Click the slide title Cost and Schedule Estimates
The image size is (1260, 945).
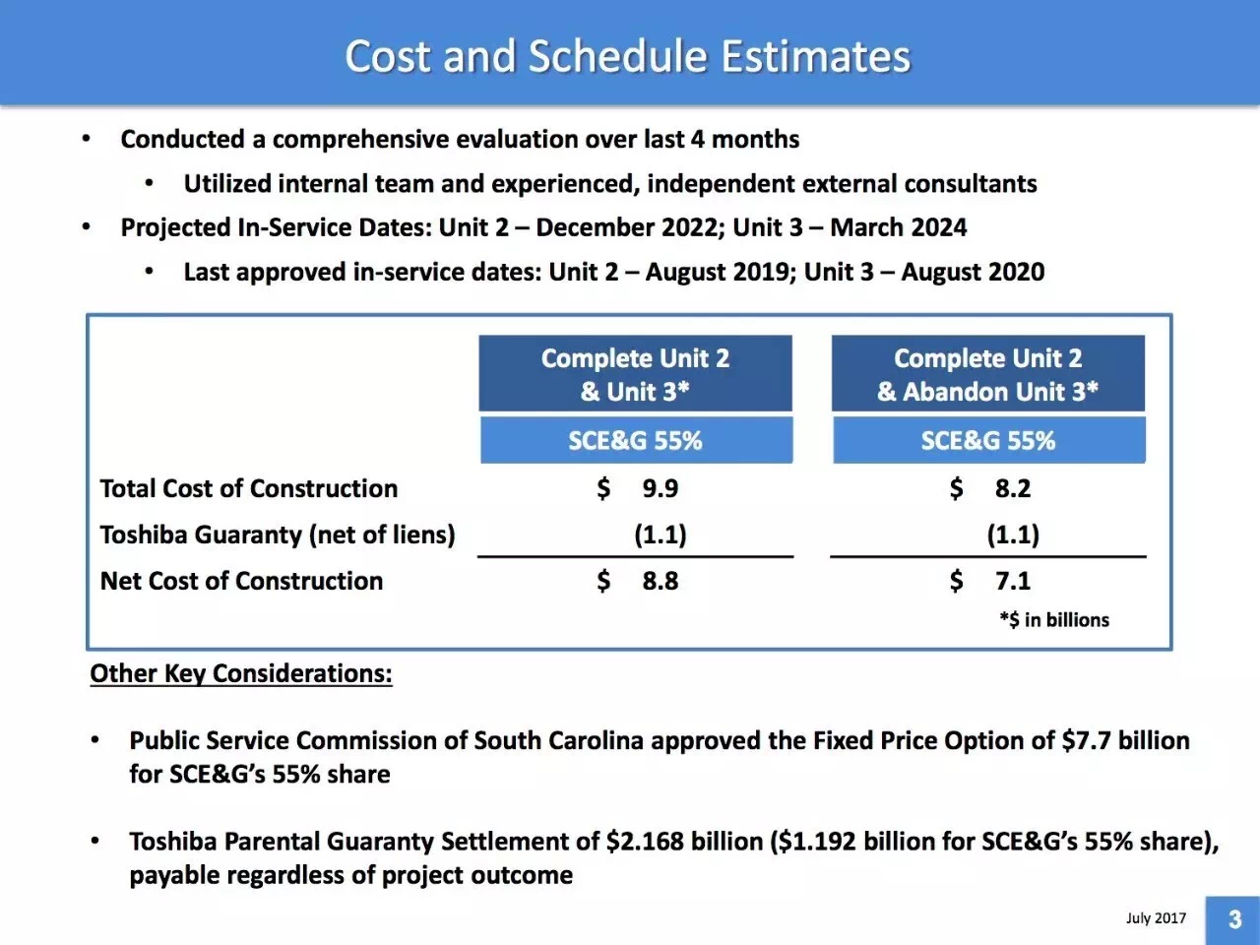click(x=628, y=55)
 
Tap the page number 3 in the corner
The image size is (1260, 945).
click(x=1234, y=919)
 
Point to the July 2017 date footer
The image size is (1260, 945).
click(x=1156, y=917)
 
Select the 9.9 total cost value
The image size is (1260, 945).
click(x=660, y=488)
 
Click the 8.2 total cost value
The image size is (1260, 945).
click(x=1013, y=488)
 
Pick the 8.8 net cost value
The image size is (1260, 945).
click(x=660, y=581)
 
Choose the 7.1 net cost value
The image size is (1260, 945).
click(x=1013, y=581)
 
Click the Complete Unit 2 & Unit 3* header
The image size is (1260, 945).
click(x=635, y=374)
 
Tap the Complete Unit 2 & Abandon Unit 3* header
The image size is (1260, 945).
click(x=987, y=374)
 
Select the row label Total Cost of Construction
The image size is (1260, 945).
click(x=249, y=488)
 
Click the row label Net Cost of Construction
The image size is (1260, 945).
click(x=241, y=581)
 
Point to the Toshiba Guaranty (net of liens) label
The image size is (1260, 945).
click(x=278, y=535)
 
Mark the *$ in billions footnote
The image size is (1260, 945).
click(x=1053, y=620)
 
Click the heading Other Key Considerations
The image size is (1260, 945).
click(x=241, y=673)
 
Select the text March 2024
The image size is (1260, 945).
click(x=898, y=227)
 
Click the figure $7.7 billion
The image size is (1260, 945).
click(x=1125, y=740)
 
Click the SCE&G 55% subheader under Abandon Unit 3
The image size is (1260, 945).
click(x=987, y=440)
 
